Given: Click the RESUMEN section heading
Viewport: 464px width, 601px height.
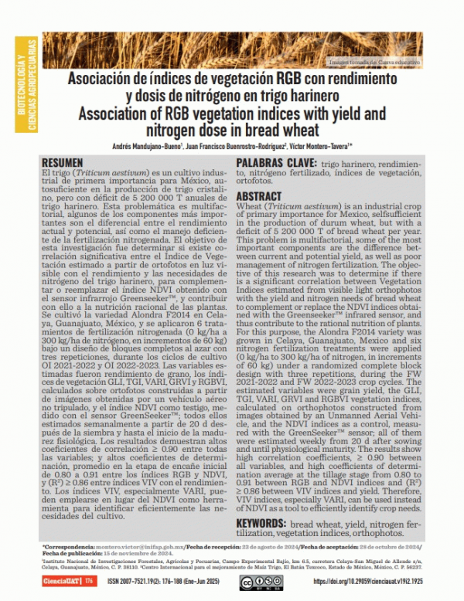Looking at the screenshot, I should [63, 162].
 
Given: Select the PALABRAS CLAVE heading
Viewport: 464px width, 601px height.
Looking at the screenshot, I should [275, 163].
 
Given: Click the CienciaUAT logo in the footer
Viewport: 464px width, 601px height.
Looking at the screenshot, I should [58, 581].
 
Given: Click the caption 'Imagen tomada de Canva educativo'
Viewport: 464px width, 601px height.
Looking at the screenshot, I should [374, 61].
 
